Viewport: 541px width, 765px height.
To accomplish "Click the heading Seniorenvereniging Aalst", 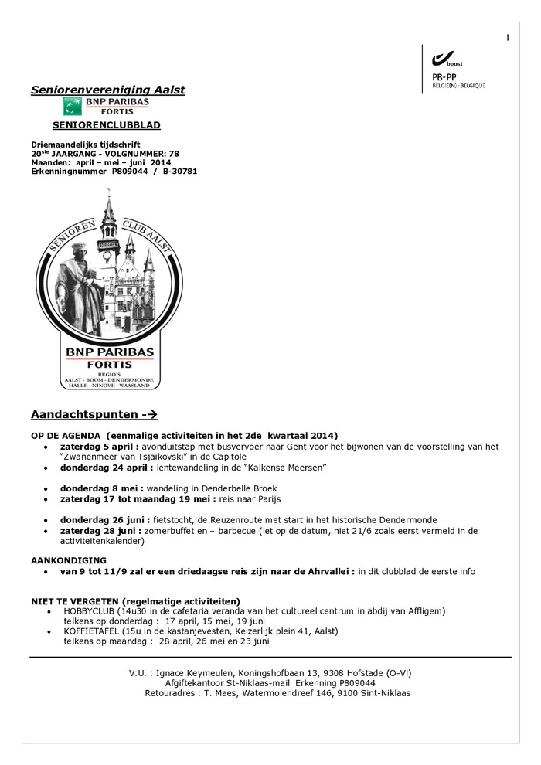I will tap(108, 90).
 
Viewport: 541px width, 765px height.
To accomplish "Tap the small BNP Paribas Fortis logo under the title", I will tap(106, 106).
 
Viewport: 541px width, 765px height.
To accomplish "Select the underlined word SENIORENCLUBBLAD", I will tap(107, 125).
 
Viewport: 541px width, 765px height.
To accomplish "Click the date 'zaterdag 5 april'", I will tap(100, 447).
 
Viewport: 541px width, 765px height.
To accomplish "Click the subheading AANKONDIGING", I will tap(69, 560).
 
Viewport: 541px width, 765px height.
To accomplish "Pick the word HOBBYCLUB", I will tap(88, 611).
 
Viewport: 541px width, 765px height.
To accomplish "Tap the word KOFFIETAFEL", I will tap(90, 631).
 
